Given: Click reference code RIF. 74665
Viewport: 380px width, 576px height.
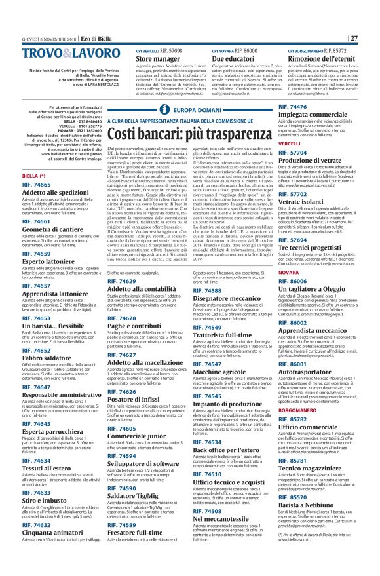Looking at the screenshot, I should [37, 185].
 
